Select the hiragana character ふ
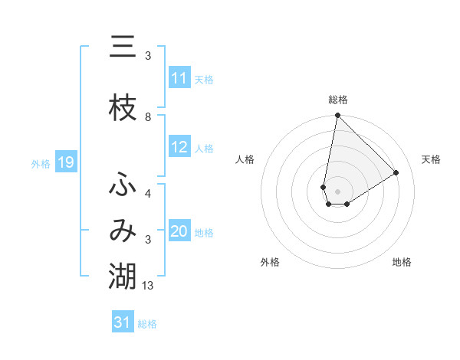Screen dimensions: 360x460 point(123,185)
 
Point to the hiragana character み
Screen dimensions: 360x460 point(123,231)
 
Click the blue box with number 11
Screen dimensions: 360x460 point(179,78)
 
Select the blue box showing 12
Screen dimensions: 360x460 point(179,147)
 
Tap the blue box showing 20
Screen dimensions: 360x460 point(179,231)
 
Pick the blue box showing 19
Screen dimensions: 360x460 point(65,162)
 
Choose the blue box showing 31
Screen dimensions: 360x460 point(123,322)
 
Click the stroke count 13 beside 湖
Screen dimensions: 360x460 point(148,286)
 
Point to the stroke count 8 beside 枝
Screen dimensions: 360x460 point(148,117)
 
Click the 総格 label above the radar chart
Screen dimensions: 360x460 point(338,100)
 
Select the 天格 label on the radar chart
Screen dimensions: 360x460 point(432,159)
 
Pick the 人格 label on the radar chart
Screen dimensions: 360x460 point(245,159)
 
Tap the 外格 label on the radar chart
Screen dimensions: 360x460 point(270,262)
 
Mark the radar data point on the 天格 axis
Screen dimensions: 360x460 point(396,173)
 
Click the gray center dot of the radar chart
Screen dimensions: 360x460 point(338,191)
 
